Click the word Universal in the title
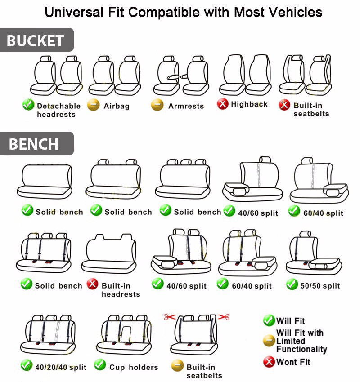tap(74, 12)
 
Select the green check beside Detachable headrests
tap(28, 104)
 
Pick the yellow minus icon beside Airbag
tap(93, 105)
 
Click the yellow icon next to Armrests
tap(157, 105)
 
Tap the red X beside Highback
tap(223, 104)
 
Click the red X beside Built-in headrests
tap(93, 284)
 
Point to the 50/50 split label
tap(320, 285)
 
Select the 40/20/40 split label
tap(61, 367)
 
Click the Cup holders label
tap(134, 367)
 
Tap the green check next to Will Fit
tap(269, 320)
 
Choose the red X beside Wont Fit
tap(269, 362)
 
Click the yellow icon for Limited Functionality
tap(269, 341)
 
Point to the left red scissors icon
tap(170, 317)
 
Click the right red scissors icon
tap(224, 317)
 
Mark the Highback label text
tap(249, 104)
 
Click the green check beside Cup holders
tap(100, 364)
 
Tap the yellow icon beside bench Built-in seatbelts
tap(177, 365)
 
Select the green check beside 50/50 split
tap(292, 284)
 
